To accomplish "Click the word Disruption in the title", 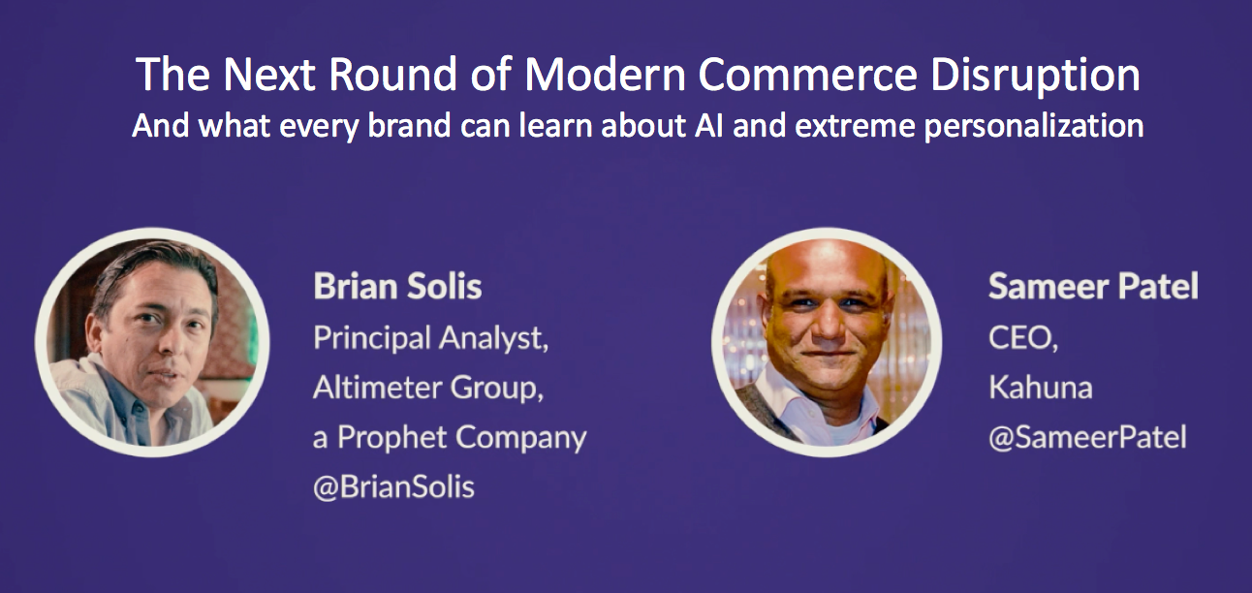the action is [1035, 75].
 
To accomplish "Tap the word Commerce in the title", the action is [807, 75].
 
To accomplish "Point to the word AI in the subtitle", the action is [708, 125].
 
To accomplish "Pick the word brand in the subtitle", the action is [409, 125].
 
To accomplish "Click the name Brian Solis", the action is [397, 286].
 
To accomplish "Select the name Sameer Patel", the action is [1093, 286].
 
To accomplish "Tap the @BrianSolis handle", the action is [393, 486].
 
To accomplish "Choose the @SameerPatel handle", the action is [1087, 437].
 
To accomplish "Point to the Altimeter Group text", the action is [428, 388].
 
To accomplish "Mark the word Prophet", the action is [391, 438].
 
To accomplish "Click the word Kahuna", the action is [1040, 388].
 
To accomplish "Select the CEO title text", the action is [1023, 338].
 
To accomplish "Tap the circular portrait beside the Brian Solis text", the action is [152, 342].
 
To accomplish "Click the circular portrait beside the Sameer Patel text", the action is [827, 342].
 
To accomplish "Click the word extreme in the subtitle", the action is [855, 126].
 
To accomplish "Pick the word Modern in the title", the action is [605, 75].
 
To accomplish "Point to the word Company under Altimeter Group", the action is [521, 438].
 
